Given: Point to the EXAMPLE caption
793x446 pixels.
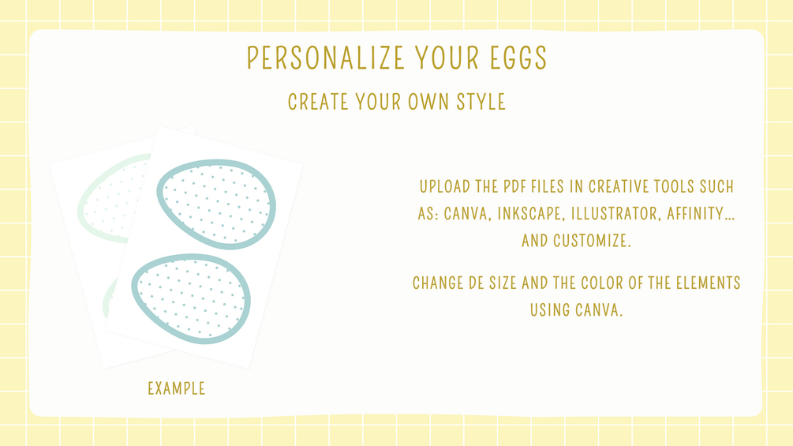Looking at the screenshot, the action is (x=177, y=388).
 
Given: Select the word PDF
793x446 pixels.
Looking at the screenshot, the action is (x=514, y=186).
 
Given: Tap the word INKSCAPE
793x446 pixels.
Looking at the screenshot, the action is (x=530, y=214).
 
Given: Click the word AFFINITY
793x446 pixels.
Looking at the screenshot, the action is (x=701, y=214).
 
